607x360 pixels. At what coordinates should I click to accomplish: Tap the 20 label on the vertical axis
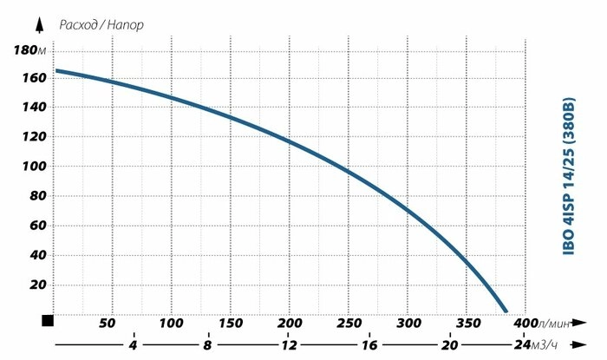(35, 285)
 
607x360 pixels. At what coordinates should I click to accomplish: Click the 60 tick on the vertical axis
(35, 226)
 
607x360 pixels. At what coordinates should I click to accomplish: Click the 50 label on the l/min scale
(108, 323)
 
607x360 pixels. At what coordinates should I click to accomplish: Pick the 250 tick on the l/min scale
(349, 323)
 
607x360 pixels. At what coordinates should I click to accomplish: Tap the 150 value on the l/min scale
(230, 323)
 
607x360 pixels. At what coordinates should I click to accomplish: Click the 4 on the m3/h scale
(133, 344)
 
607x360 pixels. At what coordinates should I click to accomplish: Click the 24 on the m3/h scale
(519, 344)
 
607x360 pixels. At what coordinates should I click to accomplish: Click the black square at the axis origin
(48, 321)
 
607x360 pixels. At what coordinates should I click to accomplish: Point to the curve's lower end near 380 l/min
(506, 310)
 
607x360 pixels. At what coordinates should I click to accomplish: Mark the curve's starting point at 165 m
(57, 71)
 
